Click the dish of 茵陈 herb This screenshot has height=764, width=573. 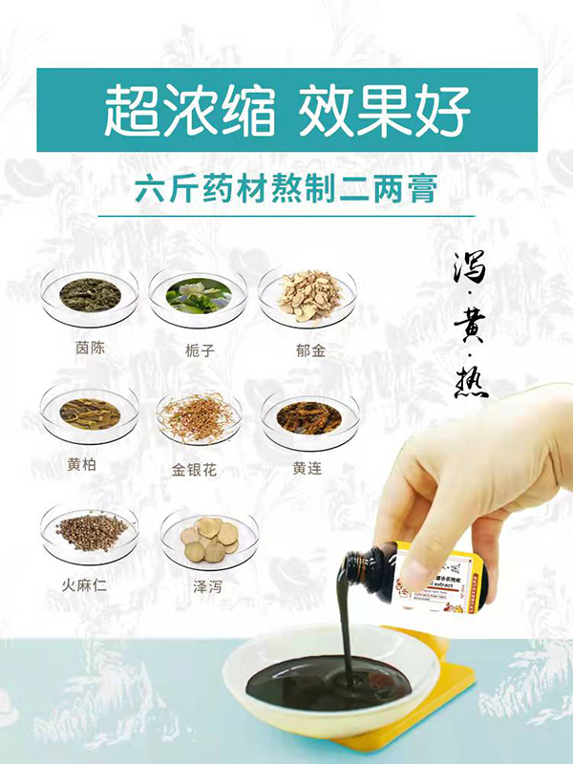coord(90,295)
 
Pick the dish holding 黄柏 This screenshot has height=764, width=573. coord(90,414)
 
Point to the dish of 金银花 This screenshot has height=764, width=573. coord(199,415)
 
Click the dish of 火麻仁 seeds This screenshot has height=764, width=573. coord(90,530)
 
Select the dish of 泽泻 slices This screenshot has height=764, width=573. coord(208,539)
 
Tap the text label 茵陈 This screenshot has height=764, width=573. coord(89,348)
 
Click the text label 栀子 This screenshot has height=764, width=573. coord(199,350)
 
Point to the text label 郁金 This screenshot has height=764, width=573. coord(310,350)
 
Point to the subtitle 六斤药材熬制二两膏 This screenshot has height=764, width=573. coord(286,187)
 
